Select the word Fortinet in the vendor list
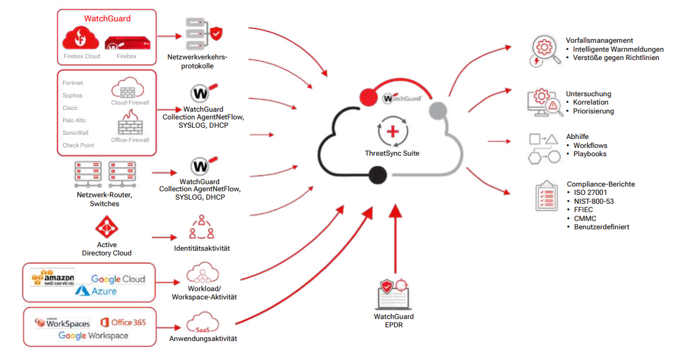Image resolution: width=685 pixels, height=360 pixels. (72, 83)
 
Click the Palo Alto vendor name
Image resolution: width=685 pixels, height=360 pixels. (74, 121)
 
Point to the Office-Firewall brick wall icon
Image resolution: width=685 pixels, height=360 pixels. (130, 122)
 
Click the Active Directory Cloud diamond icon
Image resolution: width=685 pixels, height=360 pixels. (106, 228)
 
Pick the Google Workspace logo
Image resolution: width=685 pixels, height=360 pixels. (93, 336)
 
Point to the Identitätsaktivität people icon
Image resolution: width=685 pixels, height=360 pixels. (201, 228)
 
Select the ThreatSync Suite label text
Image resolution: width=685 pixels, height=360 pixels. (392, 153)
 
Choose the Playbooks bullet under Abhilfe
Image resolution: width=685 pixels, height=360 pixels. (590, 154)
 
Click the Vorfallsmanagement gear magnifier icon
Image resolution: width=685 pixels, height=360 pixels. (543, 51)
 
